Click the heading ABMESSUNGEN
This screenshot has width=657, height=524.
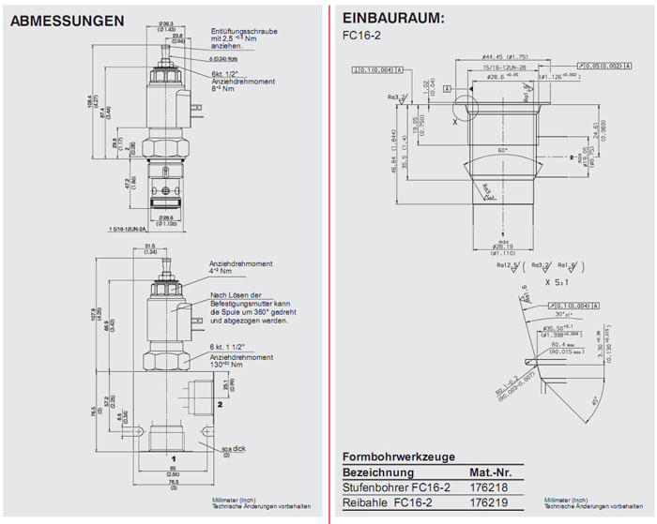click(x=67, y=20)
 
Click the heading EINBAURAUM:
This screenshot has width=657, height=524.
click(x=393, y=18)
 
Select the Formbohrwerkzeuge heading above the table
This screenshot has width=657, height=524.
click(x=399, y=457)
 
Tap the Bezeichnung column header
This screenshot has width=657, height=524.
click(x=375, y=472)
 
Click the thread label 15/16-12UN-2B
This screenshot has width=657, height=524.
click(x=504, y=68)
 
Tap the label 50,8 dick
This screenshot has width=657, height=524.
click(x=234, y=450)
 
